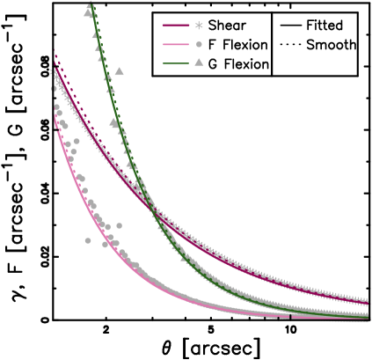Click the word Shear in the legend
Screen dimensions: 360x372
tap(227, 26)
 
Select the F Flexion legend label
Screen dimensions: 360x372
tap(237, 45)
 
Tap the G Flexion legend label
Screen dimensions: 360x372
tap(239, 64)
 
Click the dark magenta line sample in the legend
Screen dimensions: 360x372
tap(173, 26)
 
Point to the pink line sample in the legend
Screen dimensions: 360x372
tap(173, 45)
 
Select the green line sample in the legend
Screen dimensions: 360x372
tap(173, 64)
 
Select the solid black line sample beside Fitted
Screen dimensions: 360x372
tap(288, 26)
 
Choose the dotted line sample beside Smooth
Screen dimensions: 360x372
tap(288, 45)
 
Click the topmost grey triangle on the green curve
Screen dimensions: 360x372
tap(90, 8)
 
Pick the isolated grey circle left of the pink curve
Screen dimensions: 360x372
tap(88, 239)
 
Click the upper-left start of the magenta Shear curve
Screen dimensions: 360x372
tap(56, 58)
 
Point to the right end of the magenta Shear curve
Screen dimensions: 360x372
tap(367, 303)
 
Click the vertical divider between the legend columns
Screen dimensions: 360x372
tap(273, 44)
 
